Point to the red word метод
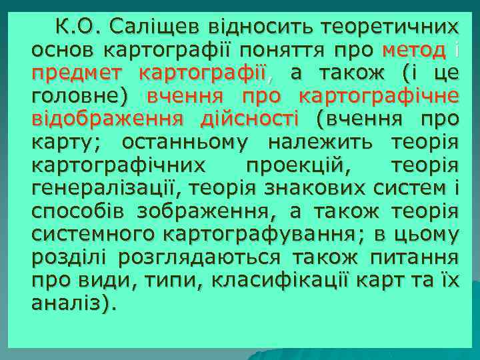coord(414,50)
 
